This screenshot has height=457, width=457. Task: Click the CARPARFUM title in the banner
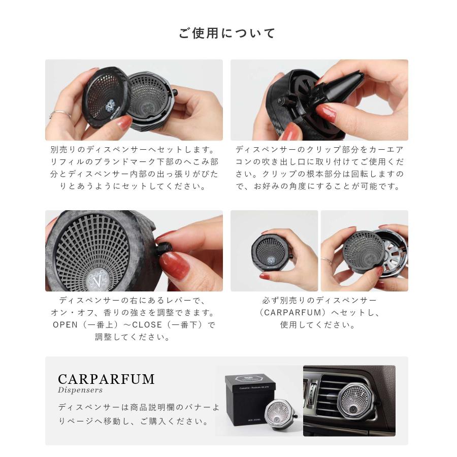pos(106,379)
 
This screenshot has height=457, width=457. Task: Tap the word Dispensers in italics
pos(80,390)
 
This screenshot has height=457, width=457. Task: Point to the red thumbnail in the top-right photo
pos(326,113)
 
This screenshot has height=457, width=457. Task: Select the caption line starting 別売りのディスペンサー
pos(133,150)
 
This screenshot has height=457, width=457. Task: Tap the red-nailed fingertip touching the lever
pos(175,264)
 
